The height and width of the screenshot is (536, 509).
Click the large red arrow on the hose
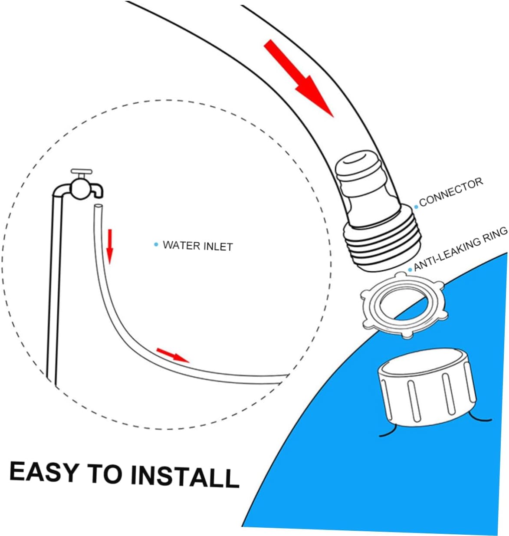[299, 79]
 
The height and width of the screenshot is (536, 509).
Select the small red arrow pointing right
[173, 354]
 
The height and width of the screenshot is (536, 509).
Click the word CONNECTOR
[451, 191]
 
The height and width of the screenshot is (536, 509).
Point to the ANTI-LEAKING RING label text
[460, 249]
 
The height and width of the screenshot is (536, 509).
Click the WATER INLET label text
[197, 246]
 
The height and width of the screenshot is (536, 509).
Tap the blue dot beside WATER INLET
[156, 245]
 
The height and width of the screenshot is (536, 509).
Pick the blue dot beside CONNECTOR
[416, 206]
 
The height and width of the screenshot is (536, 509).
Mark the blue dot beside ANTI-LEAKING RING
[410, 270]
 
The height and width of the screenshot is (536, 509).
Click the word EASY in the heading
[44, 472]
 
